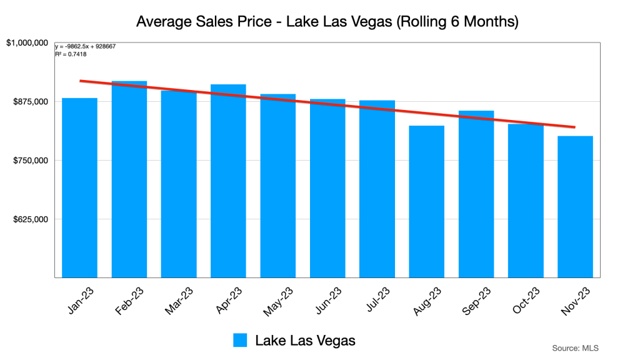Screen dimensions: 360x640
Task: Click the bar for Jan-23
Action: click(x=79, y=187)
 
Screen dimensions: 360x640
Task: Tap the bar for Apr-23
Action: click(x=228, y=181)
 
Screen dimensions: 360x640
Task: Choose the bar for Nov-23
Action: click(x=575, y=206)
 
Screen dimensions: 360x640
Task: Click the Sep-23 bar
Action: click(x=476, y=194)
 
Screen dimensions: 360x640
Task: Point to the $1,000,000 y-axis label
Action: click(x=27, y=43)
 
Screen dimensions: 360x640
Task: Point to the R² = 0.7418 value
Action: click(x=71, y=54)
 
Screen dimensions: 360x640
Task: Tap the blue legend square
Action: click(x=241, y=340)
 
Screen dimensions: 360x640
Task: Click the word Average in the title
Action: click(x=163, y=22)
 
